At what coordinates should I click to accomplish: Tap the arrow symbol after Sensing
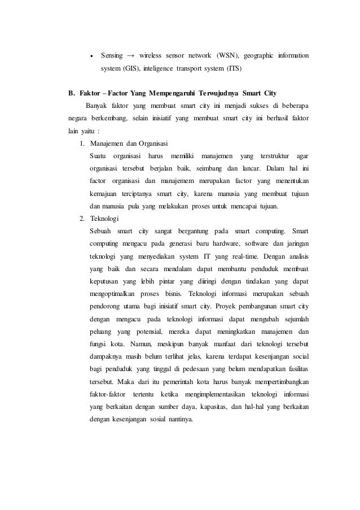tap(130, 56)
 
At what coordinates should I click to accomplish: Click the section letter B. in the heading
tap(72, 93)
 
